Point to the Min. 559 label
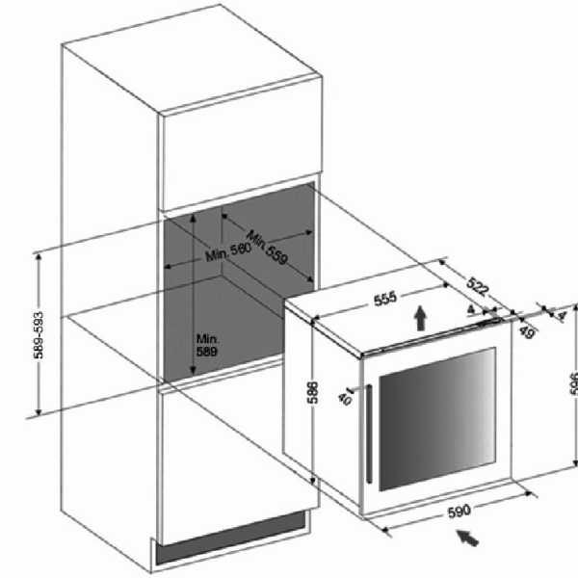coord(267,247)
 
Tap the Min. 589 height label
coord(207,347)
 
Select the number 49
coord(527,332)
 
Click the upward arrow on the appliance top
coord(420,319)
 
